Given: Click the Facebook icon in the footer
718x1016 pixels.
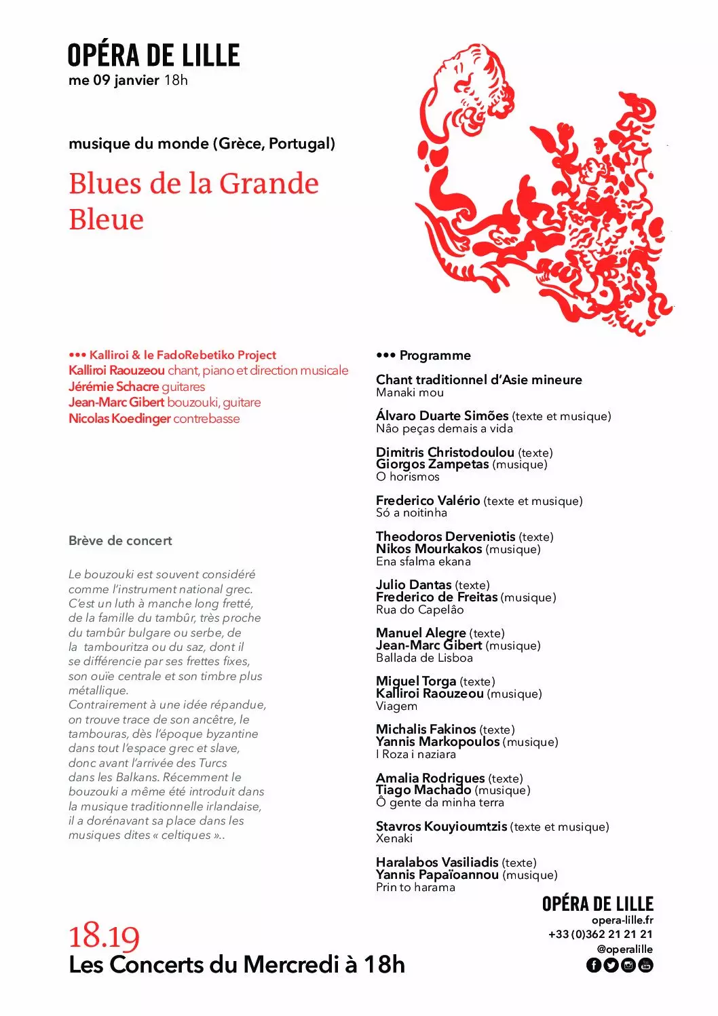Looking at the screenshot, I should pyautogui.click(x=593, y=965).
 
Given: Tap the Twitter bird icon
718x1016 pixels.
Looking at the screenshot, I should pyautogui.click(x=611, y=965).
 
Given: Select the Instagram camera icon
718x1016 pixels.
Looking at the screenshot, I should pyautogui.click(x=628, y=965).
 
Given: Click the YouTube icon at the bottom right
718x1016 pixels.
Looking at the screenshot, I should pyautogui.click(x=646, y=965).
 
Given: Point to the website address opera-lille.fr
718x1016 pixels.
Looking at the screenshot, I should pyautogui.click(x=622, y=920).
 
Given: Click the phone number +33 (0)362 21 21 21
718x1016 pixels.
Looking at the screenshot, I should pyautogui.click(x=601, y=935).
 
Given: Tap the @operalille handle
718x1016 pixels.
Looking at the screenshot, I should pyautogui.click(x=624, y=949).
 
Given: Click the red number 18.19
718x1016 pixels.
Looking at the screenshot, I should pyautogui.click(x=104, y=937).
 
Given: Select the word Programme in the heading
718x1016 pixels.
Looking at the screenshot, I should pyautogui.click(x=435, y=356).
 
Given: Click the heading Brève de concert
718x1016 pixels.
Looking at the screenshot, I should pyautogui.click(x=120, y=541).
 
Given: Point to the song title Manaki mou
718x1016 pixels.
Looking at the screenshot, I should pyautogui.click(x=410, y=392).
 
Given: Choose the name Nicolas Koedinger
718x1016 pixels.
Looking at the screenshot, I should pyautogui.click(x=119, y=419).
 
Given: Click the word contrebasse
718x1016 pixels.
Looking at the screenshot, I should pyautogui.click(x=206, y=419).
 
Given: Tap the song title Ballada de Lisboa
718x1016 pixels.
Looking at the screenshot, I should pyautogui.click(x=424, y=658).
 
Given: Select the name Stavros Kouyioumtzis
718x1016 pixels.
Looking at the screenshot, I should pyautogui.click(x=441, y=827).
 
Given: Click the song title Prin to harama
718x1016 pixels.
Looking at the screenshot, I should pyautogui.click(x=415, y=887).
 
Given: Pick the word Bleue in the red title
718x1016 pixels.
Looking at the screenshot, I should pyautogui.click(x=107, y=220).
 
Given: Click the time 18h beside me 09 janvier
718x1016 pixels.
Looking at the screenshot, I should pyautogui.click(x=176, y=80).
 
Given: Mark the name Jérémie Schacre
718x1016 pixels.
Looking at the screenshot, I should pyautogui.click(x=113, y=387).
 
